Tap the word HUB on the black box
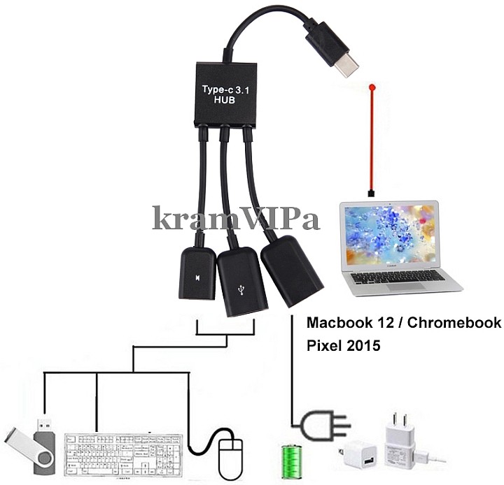225,101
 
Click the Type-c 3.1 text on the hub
225,90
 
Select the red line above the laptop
372,140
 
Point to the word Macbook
338,323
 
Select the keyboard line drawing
123,454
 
